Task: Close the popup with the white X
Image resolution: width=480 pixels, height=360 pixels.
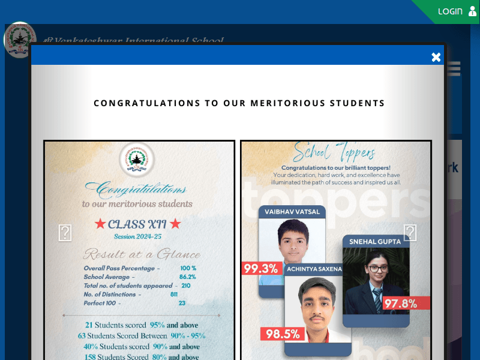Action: pos(436,57)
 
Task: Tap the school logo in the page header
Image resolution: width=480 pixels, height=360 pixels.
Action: pos(20,40)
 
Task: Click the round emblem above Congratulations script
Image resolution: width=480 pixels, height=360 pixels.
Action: pos(137,160)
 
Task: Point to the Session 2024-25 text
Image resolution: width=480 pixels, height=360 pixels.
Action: pos(137,236)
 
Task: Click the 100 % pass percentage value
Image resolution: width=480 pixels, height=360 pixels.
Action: pos(188,268)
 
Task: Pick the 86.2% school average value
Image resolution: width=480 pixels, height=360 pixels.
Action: pos(187,277)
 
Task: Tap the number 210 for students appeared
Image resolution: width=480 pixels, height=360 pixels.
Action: pos(185,286)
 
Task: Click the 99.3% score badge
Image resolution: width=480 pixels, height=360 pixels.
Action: pos(260,268)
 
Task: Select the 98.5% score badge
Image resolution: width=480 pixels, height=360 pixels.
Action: pos(282,334)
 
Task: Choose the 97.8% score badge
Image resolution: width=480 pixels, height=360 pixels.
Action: pos(400,304)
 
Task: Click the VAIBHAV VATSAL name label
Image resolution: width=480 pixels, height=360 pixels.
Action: pos(292,212)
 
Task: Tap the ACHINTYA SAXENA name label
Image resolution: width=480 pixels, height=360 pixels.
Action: pos(314,269)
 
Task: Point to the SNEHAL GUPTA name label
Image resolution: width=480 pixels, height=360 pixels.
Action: pos(376,241)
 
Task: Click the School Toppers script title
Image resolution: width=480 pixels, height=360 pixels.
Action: pos(334,153)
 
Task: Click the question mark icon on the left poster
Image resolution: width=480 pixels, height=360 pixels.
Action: pos(65,233)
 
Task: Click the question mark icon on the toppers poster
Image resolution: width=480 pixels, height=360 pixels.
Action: pos(410,232)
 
